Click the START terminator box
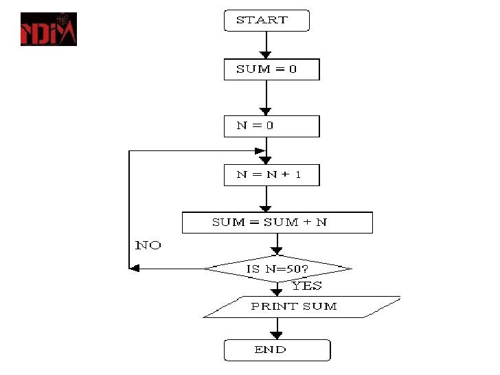pyautogui.click(x=266, y=21)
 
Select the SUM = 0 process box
pyautogui.click(x=271, y=69)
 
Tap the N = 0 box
pyautogui.click(x=271, y=126)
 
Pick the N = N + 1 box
pyautogui.click(x=271, y=175)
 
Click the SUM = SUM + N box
pyautogui.click(x=277, y=223)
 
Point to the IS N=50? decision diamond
pyautogui.click(x=277, y=269)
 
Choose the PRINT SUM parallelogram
pyautogui.click(x=301, y=306)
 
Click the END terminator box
pyautogui.click(x=277, y=350)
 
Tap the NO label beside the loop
pyautogui.click(x=148, y=245)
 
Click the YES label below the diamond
pyautogui.click(x=306, y=286)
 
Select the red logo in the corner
pyautogui.click(x=48, y=30)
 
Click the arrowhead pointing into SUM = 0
pyautogui.click(x=266, y=54)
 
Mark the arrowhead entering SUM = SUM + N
pyautogui.click(x=266, y=207)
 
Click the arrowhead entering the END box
pyautogui.click(x=277, y=335)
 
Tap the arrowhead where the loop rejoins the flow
pyautogui.click(x=260, y=150)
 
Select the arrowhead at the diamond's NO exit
pyautogui.click(x=135, y=269)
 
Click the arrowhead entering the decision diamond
pyautogui.click(x=277, y=250)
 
